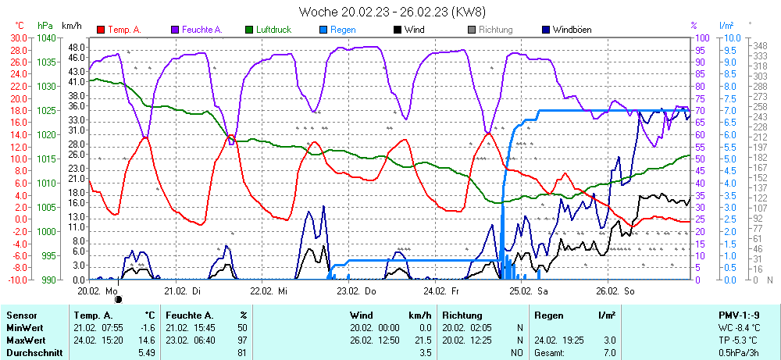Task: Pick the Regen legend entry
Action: (343, 30)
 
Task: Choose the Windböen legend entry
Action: (572, 30)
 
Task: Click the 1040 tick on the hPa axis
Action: (46, 37)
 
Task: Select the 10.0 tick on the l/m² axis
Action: (732, 37)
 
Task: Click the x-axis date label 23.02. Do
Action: (356, 290)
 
